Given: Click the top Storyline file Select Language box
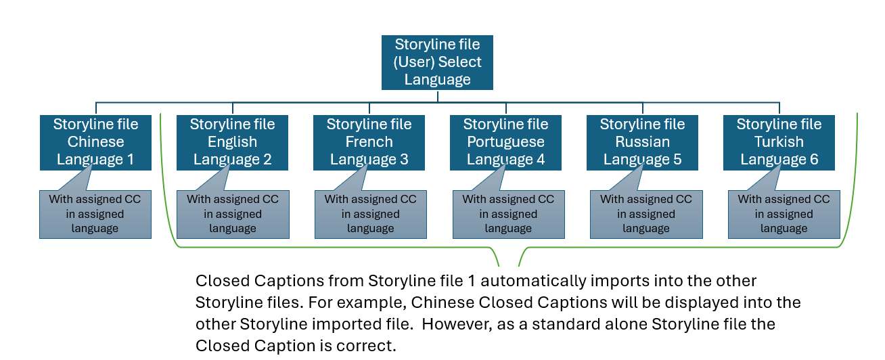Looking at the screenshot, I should pos(437,62).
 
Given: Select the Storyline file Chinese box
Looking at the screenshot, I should pos(95,142).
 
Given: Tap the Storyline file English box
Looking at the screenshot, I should pos(232,142).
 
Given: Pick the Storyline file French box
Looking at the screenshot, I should pos(369,142).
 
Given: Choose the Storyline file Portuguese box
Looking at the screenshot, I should pos(505,142).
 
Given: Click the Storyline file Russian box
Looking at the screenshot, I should pos(642,142).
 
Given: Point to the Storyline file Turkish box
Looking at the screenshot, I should pos(779,142).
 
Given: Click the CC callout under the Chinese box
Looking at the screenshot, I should pos(95,214).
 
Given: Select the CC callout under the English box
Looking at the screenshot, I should pos(233,214).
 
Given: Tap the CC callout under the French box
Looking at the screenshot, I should pos(371,214).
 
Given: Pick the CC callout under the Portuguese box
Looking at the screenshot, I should pos(508,214).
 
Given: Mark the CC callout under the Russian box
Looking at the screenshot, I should pos(646,214).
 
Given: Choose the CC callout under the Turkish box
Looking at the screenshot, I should pos(784,214).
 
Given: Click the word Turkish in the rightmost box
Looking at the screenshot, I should pos(779,142).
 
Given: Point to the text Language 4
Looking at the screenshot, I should pos(505,160).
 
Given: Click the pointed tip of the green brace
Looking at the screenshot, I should pos(509,265).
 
